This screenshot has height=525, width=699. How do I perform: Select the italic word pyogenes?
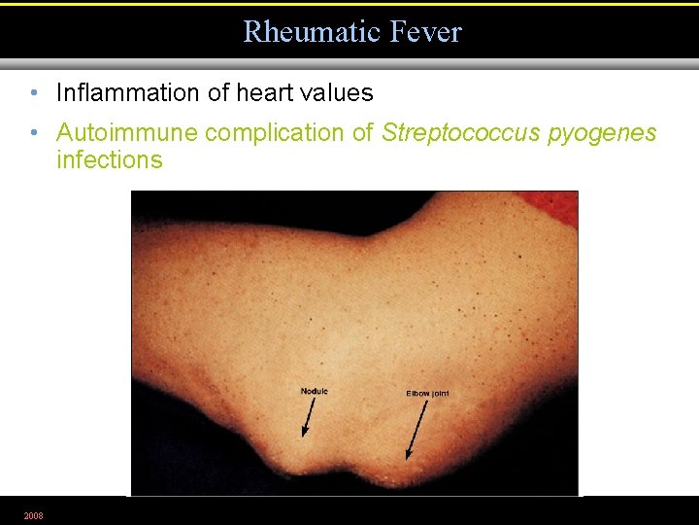click(x=603, y=133)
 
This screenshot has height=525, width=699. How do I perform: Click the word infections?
click(x=110, y=159)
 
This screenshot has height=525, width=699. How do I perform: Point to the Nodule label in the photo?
click(x=315, y=391)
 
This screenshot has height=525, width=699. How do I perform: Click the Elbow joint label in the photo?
click(x=427, y=393)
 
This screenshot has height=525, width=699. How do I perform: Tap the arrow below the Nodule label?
click(x=308, y=419)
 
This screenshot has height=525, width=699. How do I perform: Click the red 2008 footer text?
click(x=33, y=515)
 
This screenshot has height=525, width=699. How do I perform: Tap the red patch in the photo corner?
click(x=553, y=206)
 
